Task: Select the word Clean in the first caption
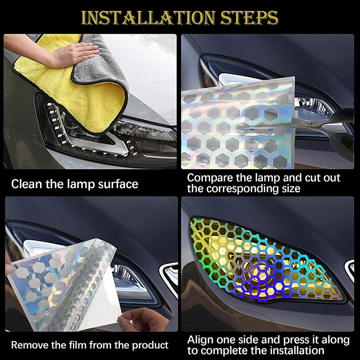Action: [26, 184]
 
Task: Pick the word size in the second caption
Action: [289, 189]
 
